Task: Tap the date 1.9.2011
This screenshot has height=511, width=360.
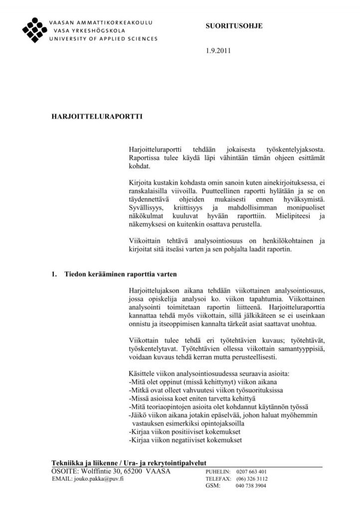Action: click(x=218, y=50)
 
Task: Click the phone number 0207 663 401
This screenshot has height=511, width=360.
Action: click(x=251, y=472)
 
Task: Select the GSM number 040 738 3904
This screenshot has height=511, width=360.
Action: click(x=251, y=486)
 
